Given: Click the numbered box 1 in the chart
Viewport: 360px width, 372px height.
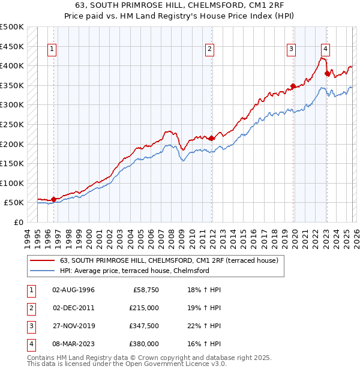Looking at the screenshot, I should (53, 50).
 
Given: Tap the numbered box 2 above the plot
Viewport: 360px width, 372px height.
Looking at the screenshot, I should (209, 50).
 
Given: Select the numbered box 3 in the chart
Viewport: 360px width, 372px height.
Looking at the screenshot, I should (291, 50).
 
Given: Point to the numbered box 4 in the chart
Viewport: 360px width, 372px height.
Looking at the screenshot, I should (325, 50).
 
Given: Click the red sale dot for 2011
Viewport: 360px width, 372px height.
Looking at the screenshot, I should (211, 138).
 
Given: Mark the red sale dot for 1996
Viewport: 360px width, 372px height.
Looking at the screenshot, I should (53, 199).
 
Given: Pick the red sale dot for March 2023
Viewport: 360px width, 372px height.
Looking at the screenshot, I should (327, 73).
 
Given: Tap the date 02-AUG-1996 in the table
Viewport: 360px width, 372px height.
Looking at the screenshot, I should (73, 290).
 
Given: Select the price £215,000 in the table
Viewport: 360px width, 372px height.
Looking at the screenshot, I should (144, 308).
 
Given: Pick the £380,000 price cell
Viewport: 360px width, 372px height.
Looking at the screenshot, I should (144, 344).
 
